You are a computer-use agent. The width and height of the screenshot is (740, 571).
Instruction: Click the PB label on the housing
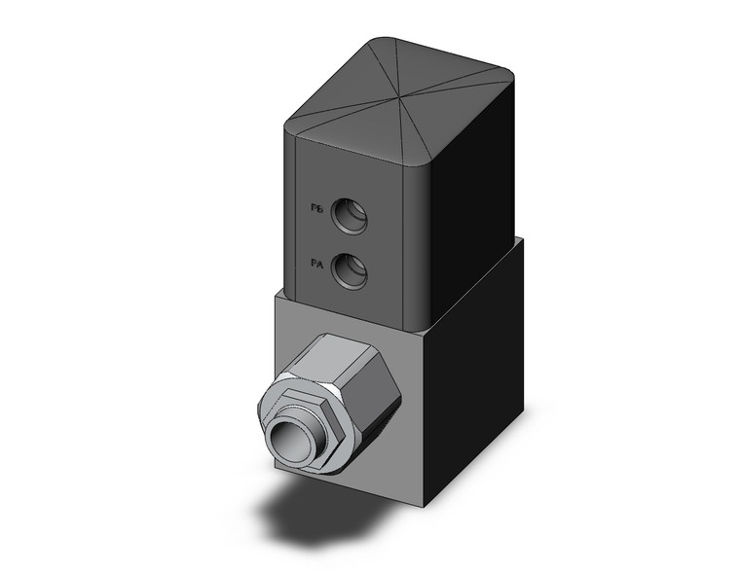click(x=316, y=208)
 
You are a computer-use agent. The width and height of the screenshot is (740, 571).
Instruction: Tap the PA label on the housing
click(x=316, y=264)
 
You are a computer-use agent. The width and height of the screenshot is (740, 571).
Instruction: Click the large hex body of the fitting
click(x=360, y=389)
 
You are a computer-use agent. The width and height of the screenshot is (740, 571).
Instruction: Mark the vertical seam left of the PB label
click(x=296, y=214)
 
